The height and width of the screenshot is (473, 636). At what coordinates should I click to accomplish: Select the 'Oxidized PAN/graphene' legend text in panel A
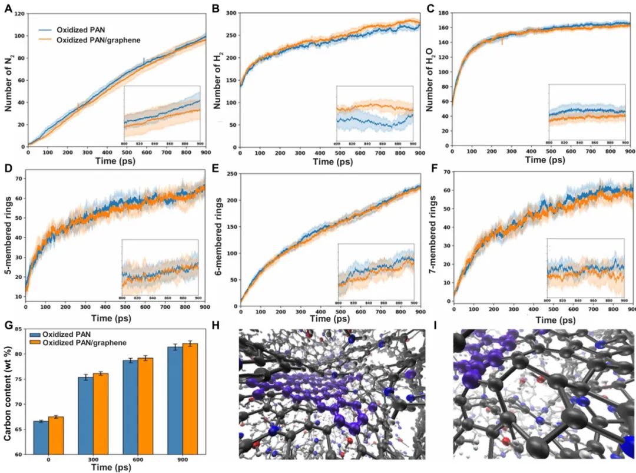coord(98,39)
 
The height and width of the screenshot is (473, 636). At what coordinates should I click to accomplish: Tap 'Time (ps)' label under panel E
coord(330,319)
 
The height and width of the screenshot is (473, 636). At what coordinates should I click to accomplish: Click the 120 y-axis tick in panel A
coord(18,13)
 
